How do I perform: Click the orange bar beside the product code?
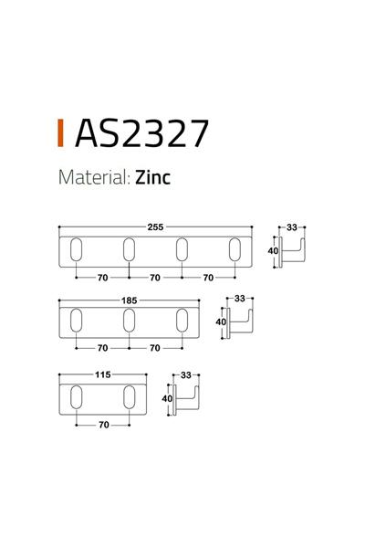60,132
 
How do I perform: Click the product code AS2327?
141,132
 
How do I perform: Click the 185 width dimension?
129,299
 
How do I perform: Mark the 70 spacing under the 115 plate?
102,424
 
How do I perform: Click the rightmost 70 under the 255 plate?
209,278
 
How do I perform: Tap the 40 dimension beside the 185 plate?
220,321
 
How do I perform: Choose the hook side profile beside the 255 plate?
293,252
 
